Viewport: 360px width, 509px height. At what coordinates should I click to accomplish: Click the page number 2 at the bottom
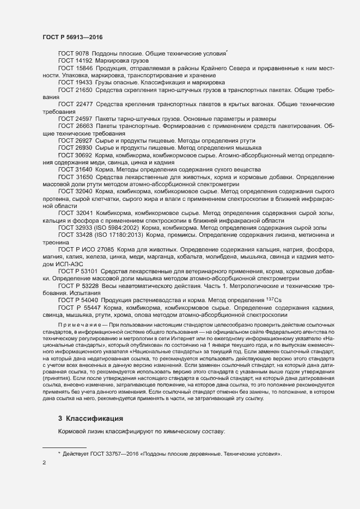[44, 463]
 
